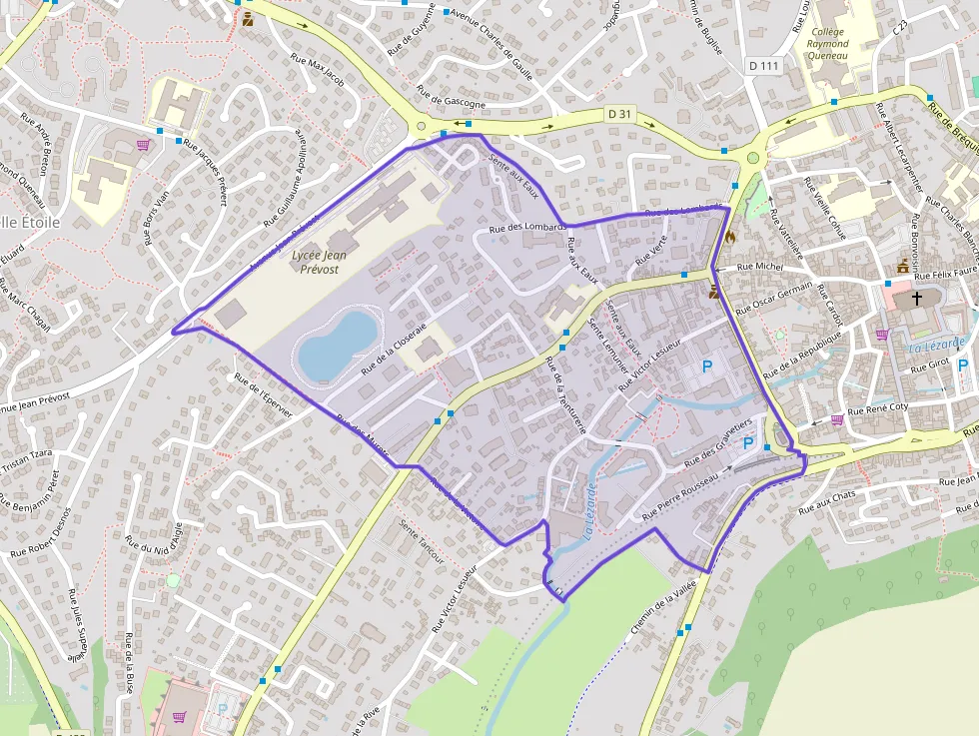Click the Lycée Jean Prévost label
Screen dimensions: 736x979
tap(329, 263)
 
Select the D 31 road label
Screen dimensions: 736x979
tap(619, 114)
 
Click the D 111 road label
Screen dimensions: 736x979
tap(762, 65)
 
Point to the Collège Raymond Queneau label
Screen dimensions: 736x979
tap(827, 45)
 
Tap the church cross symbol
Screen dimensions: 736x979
tap(916, 298)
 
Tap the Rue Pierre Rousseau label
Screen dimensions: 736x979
tap(680, 496)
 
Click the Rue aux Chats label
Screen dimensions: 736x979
tap(828, 502)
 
